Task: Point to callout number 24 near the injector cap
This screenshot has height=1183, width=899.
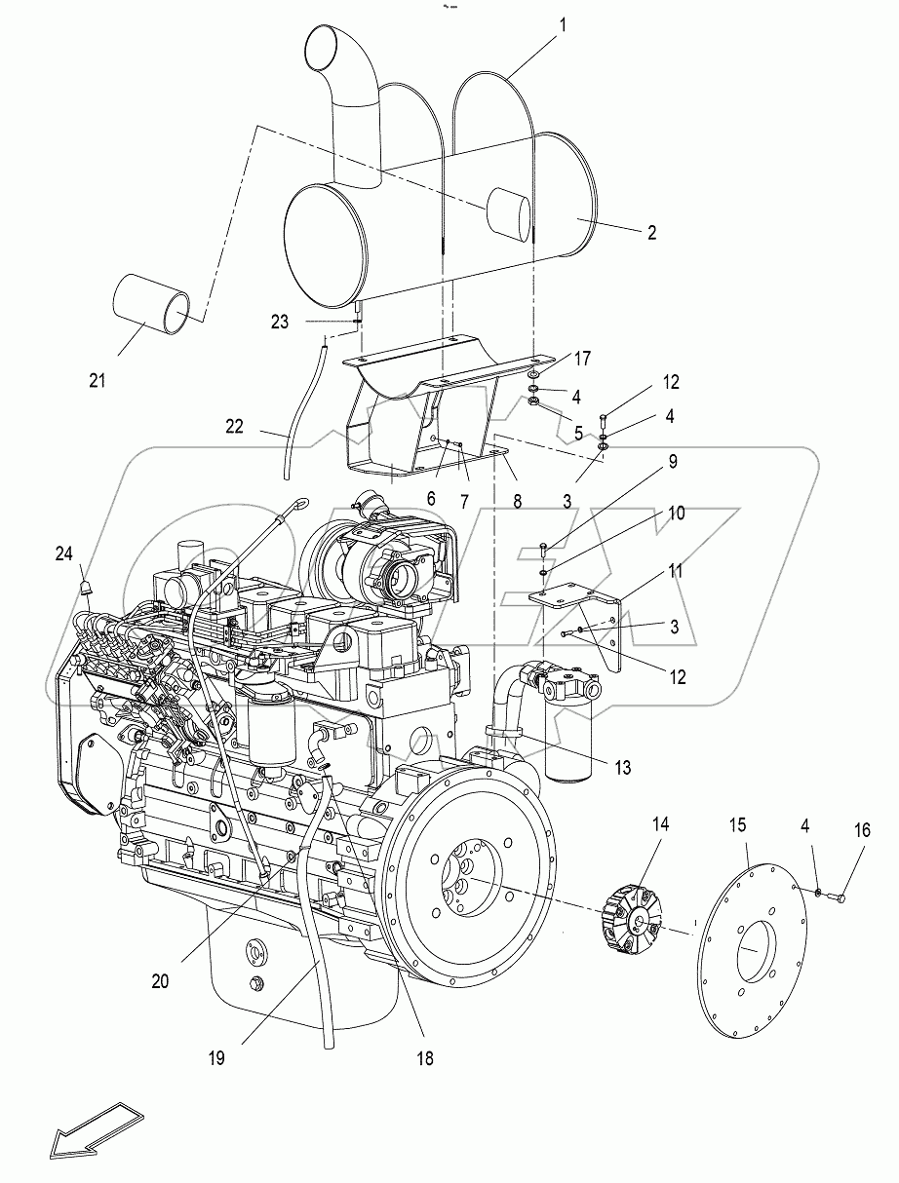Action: (x=63, y=553)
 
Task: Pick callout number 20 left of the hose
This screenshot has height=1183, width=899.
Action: (x=160, y=981)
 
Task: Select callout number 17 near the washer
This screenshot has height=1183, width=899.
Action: (x=581, y=359)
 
